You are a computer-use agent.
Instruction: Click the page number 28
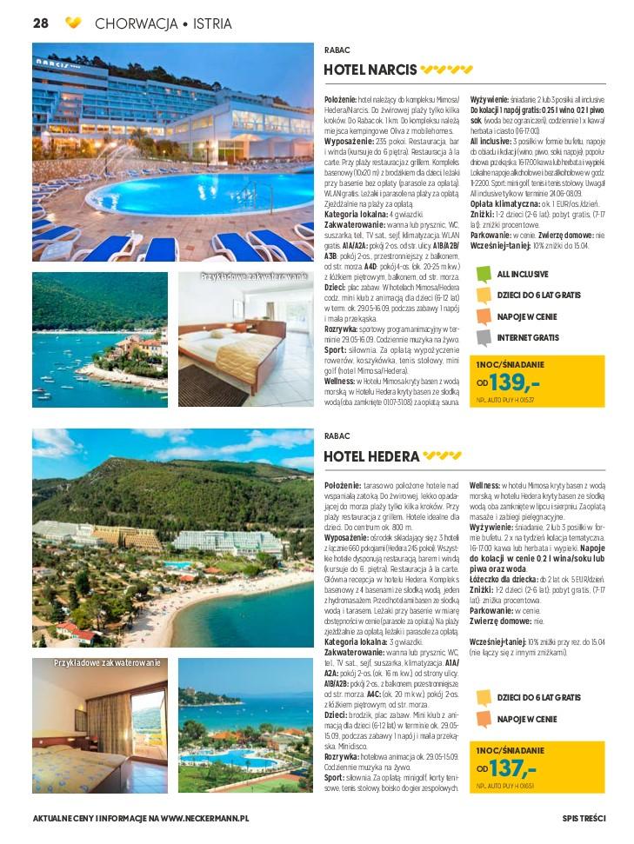click(40, 23)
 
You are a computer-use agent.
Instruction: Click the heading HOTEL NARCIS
click(370, 70)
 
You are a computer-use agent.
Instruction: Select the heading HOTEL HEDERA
click(371, 455)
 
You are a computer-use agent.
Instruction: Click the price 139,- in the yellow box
click(515, 382)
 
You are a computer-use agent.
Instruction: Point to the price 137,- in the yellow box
click(514, 768)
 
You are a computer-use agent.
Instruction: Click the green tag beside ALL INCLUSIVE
click(484, 275)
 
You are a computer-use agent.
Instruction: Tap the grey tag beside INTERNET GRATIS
click(484, 337)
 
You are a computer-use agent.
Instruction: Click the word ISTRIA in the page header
click(212, 23)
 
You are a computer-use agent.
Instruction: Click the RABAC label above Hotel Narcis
click(337, 50)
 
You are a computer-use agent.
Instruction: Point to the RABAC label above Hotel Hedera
click(337, 437)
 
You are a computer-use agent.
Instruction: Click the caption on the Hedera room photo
click(107, 663)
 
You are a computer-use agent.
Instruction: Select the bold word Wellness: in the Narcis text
click(340, 381)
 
